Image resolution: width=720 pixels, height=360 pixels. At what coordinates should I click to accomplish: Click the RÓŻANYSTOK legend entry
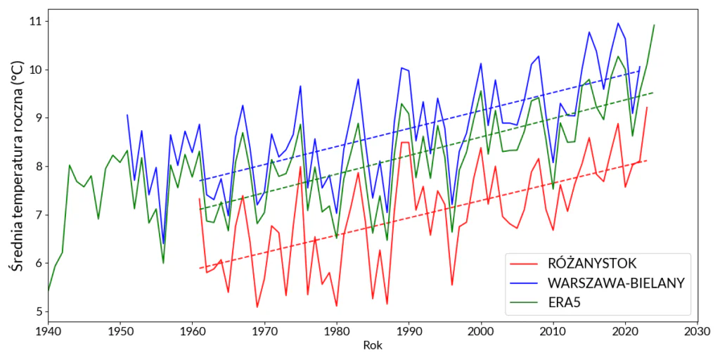click(591, 264)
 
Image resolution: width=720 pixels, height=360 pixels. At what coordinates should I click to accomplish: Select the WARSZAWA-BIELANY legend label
click(615, 283)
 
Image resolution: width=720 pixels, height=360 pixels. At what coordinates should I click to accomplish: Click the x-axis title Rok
click(373, 345)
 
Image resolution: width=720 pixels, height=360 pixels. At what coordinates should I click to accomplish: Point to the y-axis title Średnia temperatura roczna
click(15, 166)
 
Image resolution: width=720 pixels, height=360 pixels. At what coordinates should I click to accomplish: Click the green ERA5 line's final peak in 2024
click(654, 25)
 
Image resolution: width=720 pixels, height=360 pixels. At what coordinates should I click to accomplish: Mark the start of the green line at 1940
click(48, 290)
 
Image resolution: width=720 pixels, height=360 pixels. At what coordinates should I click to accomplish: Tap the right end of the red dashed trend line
click(647, 161)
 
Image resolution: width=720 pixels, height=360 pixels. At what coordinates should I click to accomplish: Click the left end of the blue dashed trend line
click(200, 181)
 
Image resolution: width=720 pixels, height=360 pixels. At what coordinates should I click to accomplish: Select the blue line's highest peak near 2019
click(618, 23)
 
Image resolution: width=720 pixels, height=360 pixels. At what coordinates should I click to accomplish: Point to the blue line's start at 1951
click(127, 115)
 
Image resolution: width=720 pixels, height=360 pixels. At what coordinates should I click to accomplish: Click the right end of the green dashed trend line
click(654, 93)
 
